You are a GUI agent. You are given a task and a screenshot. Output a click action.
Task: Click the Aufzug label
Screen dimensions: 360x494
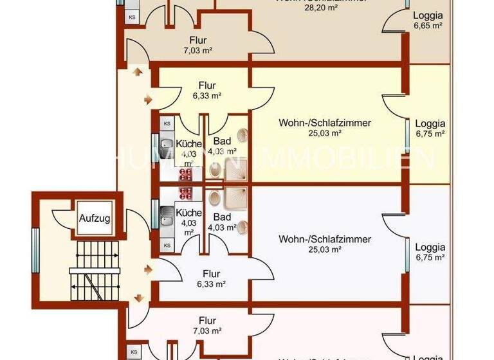(x=95, y=219)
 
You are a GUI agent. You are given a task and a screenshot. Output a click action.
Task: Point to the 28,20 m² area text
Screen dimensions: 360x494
(x=322, y=9)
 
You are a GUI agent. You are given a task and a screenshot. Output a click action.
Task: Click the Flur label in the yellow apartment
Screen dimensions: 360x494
(x=207, y=85)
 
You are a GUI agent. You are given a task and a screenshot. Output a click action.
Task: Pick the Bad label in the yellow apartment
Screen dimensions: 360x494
(x=222, y=140)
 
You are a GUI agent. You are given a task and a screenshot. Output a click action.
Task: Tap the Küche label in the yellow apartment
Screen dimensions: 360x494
(x=189, y=144)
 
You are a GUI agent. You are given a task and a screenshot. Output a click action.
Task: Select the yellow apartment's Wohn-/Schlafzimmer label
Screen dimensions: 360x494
(x=325, y=123)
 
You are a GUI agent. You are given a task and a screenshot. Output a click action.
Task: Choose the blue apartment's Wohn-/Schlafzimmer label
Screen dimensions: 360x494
(x=325, y=240)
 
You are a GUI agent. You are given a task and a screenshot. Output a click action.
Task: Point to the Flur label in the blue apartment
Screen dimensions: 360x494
(x=211, y=274)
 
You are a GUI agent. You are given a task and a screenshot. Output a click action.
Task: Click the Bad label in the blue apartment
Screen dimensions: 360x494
(x=222, y=217)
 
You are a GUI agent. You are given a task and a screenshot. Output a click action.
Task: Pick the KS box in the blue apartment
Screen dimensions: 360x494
(x=167, y=245)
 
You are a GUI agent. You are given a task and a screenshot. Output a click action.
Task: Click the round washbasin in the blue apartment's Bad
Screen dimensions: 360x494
(x=243, y=226)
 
